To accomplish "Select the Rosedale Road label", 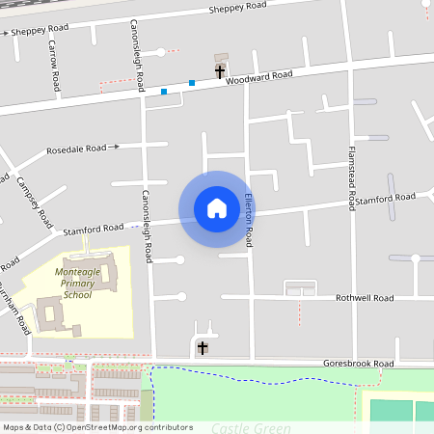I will click(76, 149).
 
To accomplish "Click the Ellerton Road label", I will click(248, 219).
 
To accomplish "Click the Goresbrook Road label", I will click(357, 364).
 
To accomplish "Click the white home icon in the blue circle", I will click(216, 207).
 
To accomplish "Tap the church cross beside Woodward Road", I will click(220, 71).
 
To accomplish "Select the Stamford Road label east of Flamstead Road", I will click(385, 199).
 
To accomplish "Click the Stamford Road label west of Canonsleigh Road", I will click(94, 231).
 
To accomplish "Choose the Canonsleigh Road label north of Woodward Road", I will click(136, 52).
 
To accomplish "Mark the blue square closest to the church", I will click(192, 83).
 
